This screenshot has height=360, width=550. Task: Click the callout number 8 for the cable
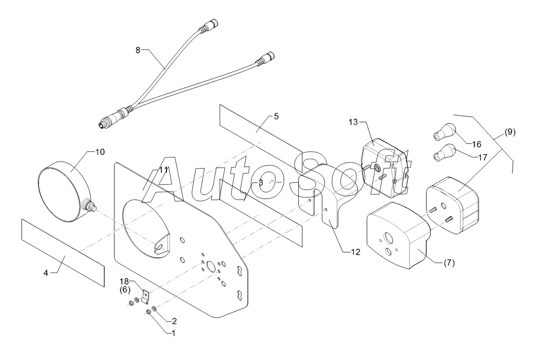138,50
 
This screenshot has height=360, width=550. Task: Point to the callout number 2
174,321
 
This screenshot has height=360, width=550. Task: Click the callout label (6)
125,289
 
